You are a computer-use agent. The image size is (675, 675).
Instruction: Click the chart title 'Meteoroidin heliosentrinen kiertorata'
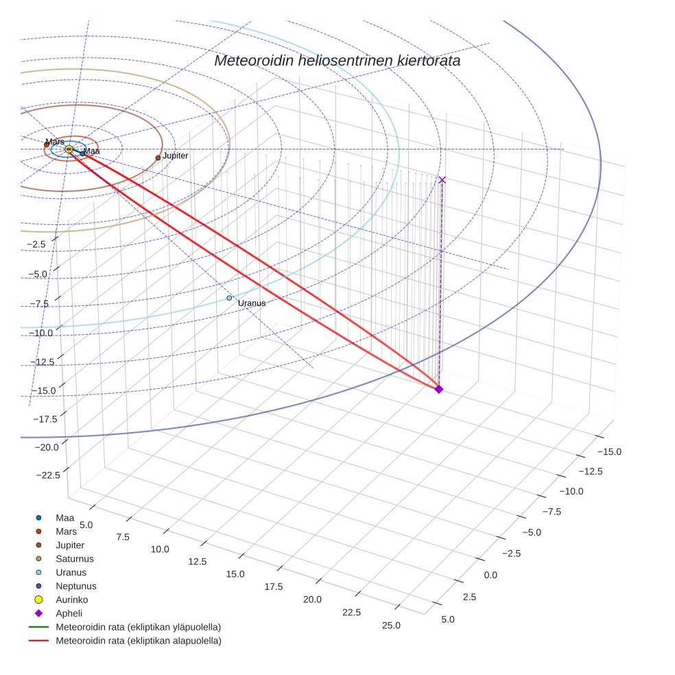tap(337, 60)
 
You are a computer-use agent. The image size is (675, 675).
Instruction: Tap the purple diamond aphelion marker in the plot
tap(439, 389)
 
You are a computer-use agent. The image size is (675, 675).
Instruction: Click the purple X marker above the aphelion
tap(442, 180)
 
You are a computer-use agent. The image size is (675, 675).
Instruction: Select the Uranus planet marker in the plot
tap(230, 298)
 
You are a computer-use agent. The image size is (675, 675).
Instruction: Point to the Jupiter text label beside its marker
tap(175, 156)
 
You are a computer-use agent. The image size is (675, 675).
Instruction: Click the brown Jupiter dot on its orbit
tap(158, 158)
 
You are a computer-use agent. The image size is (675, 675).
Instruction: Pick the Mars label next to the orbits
tap(55, 142)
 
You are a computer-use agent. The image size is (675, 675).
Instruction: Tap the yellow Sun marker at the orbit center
tap(69, 149)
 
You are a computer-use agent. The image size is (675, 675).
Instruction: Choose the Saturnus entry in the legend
tap(74, 558)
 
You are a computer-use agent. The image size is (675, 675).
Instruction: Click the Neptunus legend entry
tap(75, 586)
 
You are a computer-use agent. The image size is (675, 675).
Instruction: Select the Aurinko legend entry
tap(71, 600)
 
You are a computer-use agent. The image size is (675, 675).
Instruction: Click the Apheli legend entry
tap(69, 613)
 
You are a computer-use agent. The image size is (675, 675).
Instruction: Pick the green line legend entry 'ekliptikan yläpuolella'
tap(138, 627)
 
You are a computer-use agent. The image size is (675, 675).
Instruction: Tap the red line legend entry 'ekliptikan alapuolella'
tap(138, 641)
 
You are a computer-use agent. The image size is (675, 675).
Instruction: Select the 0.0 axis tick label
tap(490, 575)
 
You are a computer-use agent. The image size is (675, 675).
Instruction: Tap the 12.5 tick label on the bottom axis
tap(197, 561)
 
